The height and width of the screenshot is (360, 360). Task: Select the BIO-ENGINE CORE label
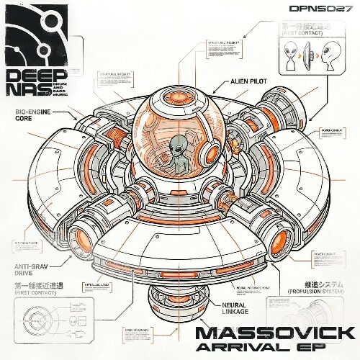tap(31, 117)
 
